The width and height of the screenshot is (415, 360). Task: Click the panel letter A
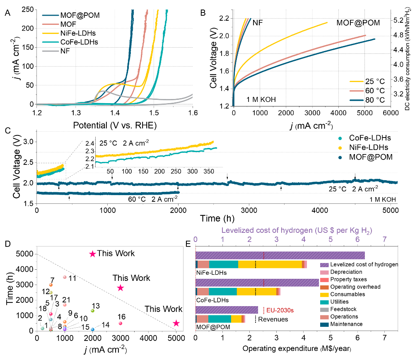(x=7, y=13)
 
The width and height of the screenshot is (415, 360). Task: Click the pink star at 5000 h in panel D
(x=93, y=254)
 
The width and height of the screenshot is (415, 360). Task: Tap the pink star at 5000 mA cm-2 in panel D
(x=176, y=323)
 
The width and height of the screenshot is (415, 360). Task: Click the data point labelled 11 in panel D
(x=65, y=277)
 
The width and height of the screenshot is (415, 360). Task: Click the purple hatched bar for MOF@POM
(x=227, y=309)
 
